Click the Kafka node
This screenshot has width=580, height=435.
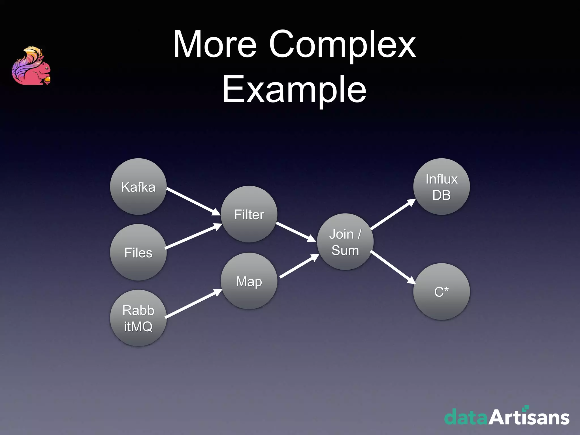138,187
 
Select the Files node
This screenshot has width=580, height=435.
138,252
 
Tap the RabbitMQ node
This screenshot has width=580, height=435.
138,318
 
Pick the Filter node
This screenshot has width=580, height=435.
249,214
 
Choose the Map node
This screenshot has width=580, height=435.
249,281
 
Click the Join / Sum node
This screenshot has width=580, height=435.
345,242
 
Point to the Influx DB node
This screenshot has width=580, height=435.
442,187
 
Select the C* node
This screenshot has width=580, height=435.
442,292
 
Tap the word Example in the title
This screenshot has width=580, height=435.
294,89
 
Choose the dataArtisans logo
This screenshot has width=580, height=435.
507,416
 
